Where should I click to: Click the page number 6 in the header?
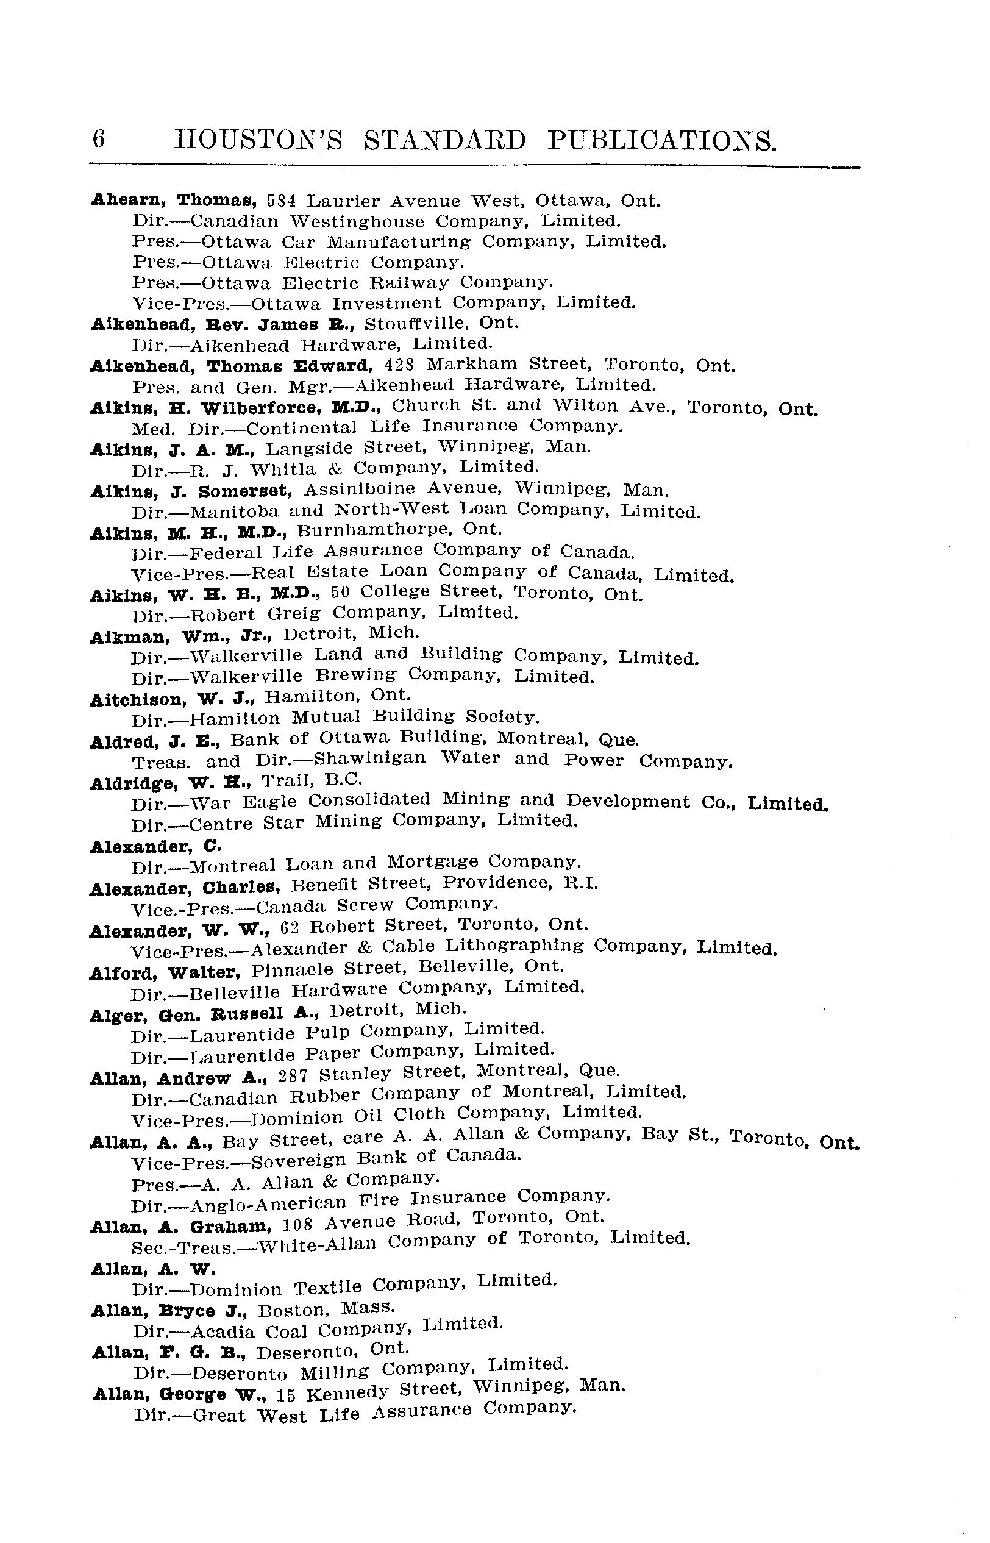coord(99,140)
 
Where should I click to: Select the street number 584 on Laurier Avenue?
coord(281,201)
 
